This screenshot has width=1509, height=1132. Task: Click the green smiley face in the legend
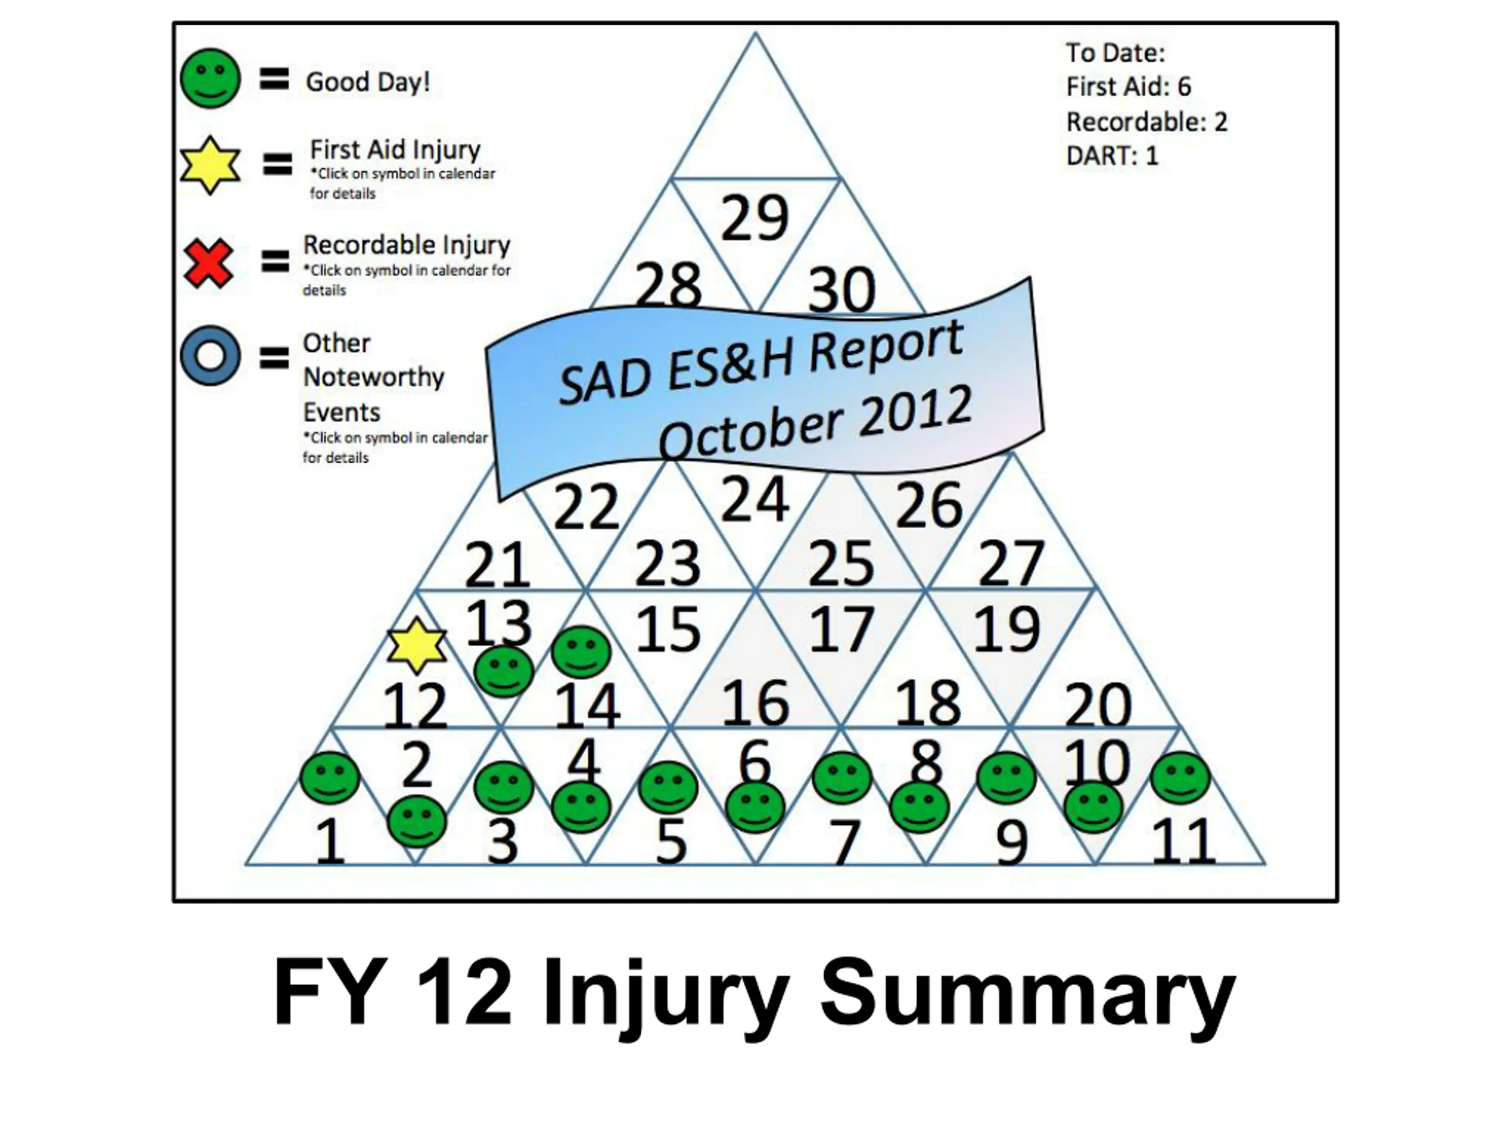210,78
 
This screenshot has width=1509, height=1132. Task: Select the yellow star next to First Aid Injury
210,165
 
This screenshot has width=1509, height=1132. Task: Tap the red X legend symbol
209,264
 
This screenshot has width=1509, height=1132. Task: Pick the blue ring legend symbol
210,356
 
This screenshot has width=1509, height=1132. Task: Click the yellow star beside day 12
417,646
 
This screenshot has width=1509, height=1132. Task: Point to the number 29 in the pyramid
754,218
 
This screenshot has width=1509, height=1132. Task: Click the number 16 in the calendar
755,703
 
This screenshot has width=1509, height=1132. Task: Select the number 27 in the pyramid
1011,563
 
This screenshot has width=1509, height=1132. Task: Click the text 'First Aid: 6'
1128,87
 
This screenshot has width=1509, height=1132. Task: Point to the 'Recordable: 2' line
1146,122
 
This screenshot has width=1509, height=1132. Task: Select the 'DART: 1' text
1112,156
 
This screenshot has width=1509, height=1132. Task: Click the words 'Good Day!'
368,82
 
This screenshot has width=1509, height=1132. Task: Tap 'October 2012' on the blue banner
815,423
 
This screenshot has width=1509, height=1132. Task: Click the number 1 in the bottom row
330,840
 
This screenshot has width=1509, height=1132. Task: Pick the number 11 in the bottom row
1184,841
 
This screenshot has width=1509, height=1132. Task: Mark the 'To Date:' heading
1115,52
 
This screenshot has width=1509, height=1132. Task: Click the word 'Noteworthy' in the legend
373,377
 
